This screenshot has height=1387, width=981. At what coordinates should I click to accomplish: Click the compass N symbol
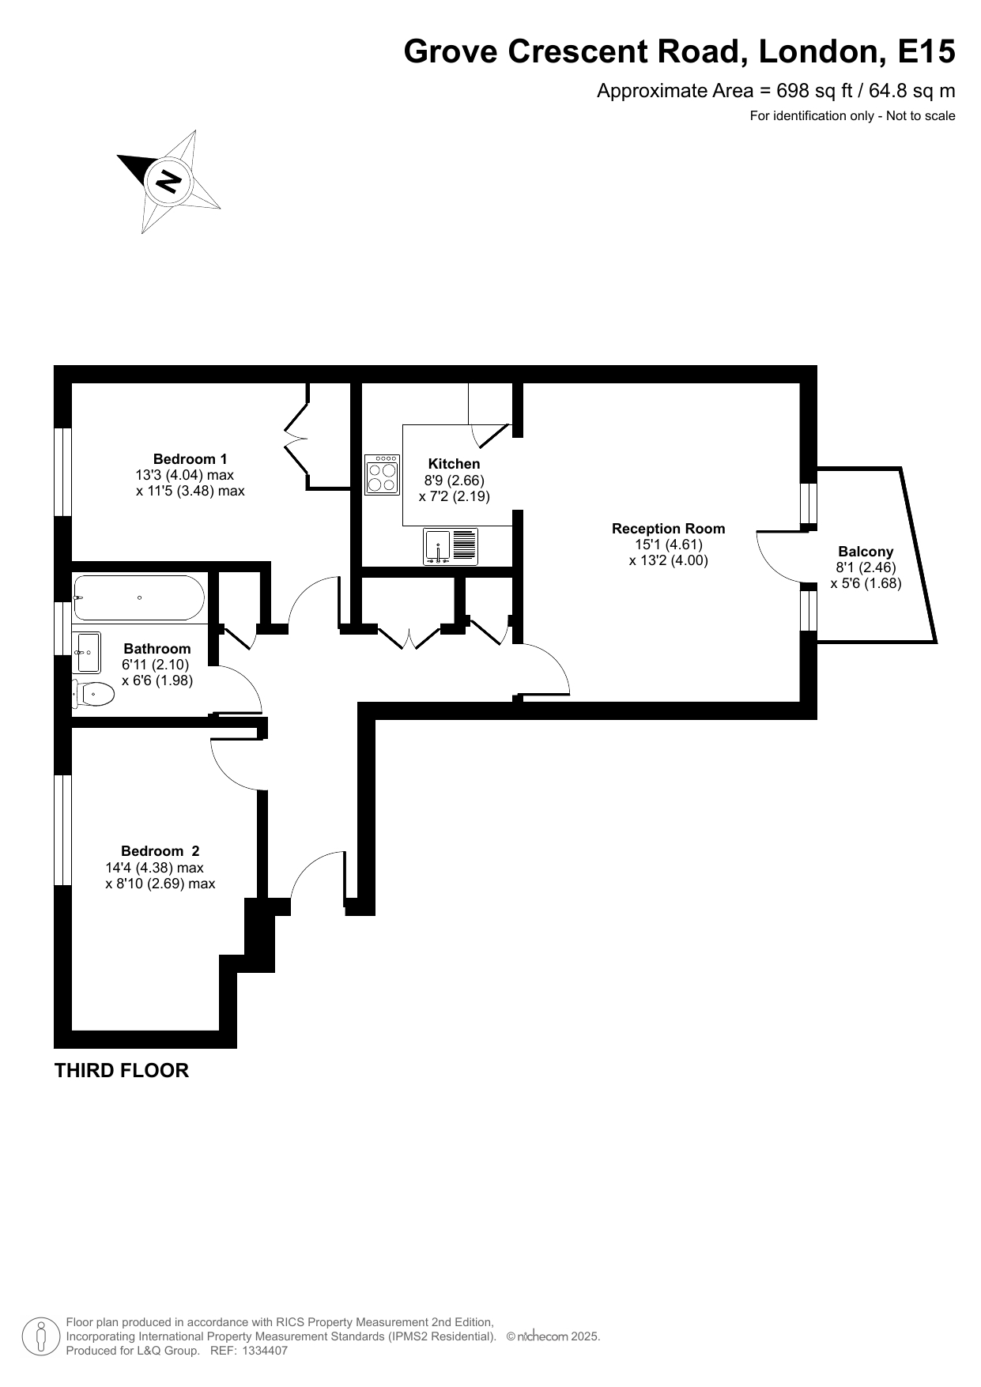tap(168, 182)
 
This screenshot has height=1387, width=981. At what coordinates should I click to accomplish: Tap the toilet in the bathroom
tap(93, 694)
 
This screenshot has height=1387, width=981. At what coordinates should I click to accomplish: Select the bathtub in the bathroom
tap(139, 597)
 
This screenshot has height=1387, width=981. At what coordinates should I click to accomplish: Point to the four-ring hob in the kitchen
tap(383, 474)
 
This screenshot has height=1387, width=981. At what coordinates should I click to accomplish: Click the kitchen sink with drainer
tap(451, 546)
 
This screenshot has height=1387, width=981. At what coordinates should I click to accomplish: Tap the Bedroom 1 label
tap(191, 459)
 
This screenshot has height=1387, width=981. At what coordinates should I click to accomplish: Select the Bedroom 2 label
tap(160, 851)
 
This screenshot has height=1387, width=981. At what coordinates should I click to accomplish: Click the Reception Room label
tap(669, 529)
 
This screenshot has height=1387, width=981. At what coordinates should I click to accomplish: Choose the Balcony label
tap(866, 552)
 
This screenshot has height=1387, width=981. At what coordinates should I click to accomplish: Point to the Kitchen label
tap(454, 464)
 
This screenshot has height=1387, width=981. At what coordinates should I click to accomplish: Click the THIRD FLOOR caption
tap(122, 1071)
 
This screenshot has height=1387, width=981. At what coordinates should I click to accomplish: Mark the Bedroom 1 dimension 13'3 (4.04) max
tap(185, 475)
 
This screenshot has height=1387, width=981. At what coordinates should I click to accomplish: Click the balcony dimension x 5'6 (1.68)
tap(866, 583)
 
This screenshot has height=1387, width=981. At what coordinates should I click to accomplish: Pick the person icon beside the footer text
tap(40, 1336)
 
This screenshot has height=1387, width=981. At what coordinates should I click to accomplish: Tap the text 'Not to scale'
tap(921, 116)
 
